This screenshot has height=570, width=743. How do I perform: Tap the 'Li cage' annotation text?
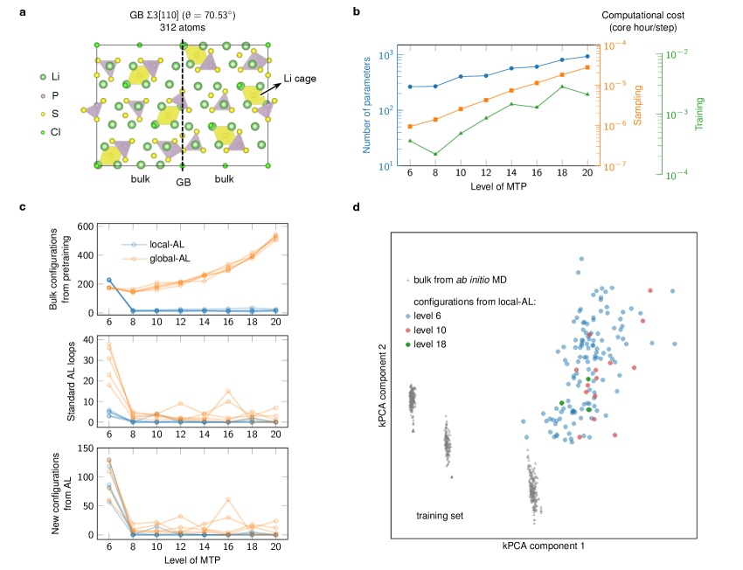302,79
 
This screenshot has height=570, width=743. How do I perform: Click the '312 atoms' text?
182,27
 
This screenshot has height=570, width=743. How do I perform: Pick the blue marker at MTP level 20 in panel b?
587,57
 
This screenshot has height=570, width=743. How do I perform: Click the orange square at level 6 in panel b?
410,126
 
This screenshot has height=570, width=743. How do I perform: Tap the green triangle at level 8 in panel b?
435,154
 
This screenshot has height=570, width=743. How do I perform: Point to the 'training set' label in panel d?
440,516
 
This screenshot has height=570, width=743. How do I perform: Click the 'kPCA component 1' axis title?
543,546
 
